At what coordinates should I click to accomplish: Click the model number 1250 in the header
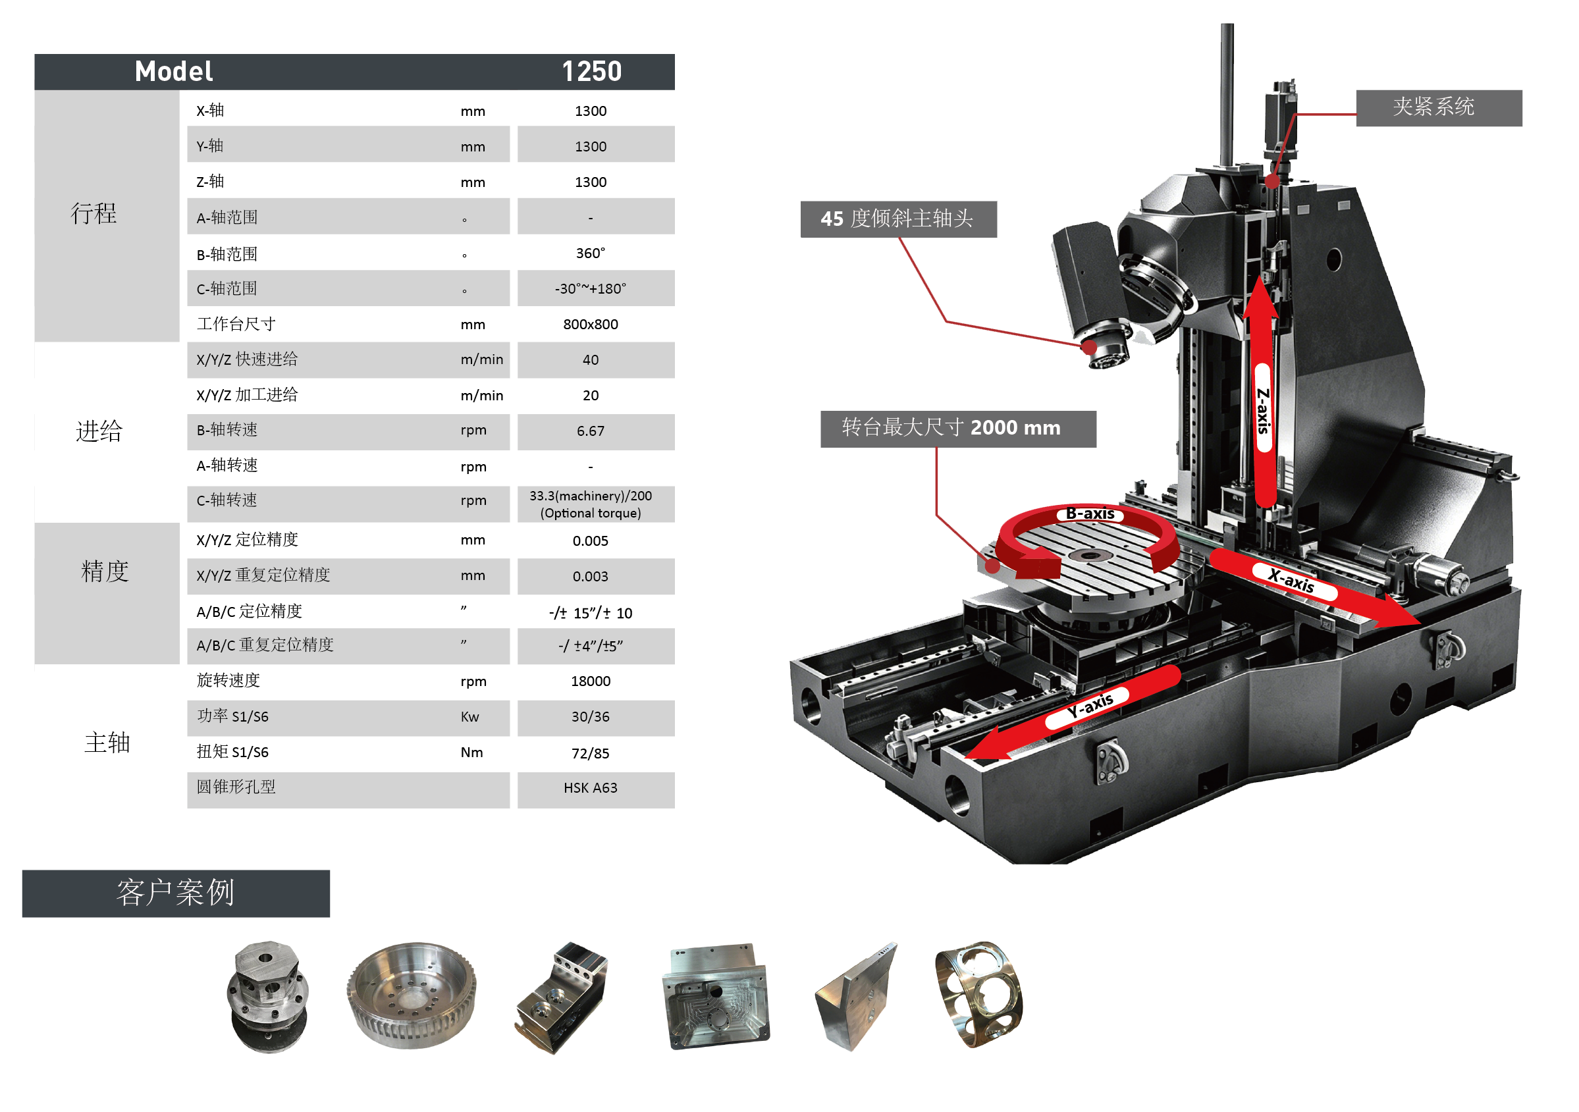point(591,72)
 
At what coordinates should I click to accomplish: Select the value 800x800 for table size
point(590,324)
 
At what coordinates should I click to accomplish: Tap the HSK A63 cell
point(590,787)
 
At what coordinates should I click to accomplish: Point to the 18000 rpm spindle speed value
point(590,681)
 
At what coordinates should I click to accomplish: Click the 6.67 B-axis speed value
point(590,431)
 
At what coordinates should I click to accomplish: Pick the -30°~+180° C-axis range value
point(590,289)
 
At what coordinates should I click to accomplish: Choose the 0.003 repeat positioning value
point(590,576)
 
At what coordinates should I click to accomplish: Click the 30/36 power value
point(590,716)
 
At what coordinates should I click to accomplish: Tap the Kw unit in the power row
point(469,716)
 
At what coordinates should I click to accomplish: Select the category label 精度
point(105,571)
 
